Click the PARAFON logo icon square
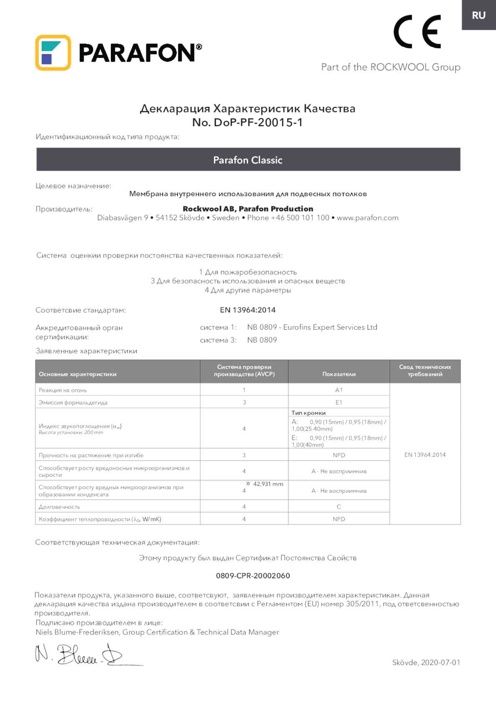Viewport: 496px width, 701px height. click(x=53, y=53)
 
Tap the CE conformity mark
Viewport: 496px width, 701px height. click(x=417, y=32)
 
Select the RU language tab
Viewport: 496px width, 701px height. click(x=478, y=15)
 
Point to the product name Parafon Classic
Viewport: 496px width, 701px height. click(x=248, y=160)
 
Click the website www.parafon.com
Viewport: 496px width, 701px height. click(x=367, y=218)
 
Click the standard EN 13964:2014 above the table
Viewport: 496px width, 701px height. click(x=248, y=310)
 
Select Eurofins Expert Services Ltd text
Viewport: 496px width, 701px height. click(x=330, y=327)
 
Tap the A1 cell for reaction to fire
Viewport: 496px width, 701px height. click(x=339, y=390)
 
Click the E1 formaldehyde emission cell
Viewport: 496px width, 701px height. click(x=339, y=403)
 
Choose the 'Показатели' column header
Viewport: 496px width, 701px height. click(x=339, y=374)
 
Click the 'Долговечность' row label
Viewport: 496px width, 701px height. click(x=59, y=507)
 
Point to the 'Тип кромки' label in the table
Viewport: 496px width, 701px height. click(x=308, y=413)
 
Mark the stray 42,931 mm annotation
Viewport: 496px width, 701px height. click(x=268, y=484)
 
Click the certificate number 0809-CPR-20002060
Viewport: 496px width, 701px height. click(x=253, y=576)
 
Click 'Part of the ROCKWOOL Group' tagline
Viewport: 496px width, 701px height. click(x=391, y=67)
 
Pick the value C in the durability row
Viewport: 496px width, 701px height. click(x=339, y=507)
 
